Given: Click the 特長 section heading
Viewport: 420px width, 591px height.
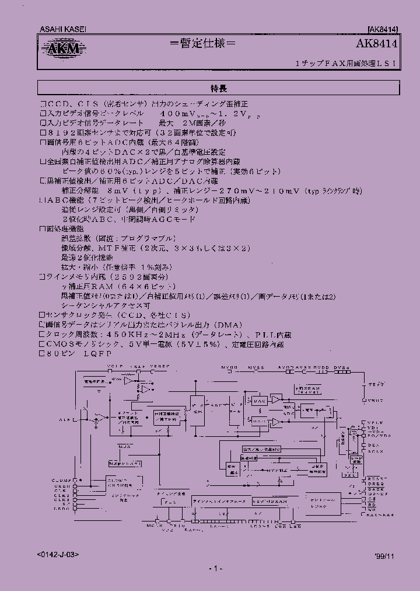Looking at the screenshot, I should point(219,88).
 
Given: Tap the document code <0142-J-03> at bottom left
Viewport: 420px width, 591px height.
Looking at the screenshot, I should point(58,554).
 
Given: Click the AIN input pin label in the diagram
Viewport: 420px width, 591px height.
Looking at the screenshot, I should point(66,419).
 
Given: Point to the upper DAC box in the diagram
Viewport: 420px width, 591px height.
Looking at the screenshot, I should point(260,401).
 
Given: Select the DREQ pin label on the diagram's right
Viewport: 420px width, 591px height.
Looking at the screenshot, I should point(376,484).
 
